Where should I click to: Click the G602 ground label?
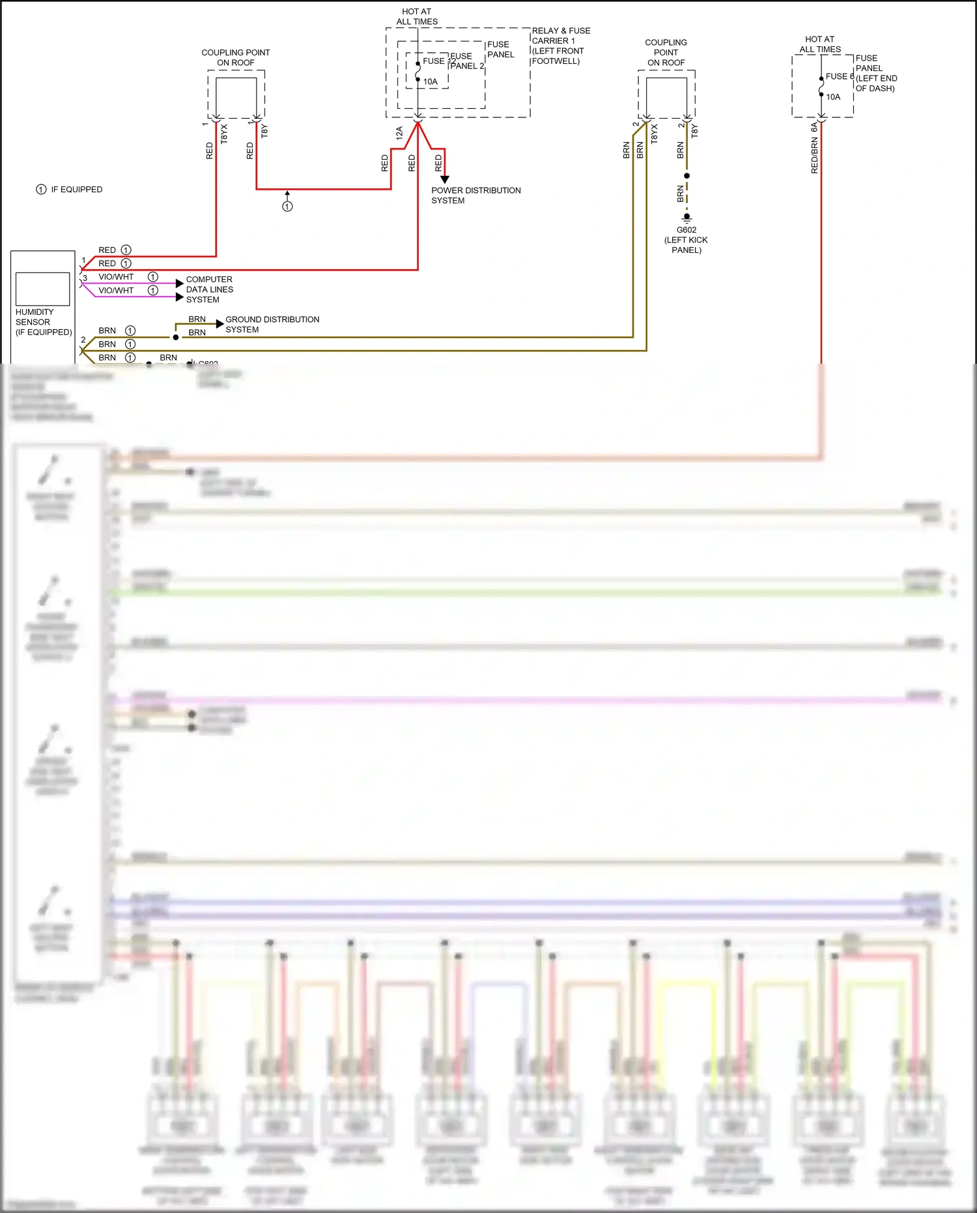[686, 230]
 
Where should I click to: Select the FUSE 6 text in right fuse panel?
[839, 76]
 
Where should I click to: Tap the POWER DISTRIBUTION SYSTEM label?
[475, 196]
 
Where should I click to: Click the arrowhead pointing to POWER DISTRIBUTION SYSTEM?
[445, 179]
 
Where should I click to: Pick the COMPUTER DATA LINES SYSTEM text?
[209, 289]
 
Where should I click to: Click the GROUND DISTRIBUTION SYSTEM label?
[272, 325]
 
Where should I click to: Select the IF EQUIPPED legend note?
[69, 190]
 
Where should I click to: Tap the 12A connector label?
[399, 133]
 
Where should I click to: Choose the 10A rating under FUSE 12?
[431, 82]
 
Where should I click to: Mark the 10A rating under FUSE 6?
[833, 97]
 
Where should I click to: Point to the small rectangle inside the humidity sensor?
[42, 289]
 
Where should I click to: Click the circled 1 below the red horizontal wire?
[287, 207]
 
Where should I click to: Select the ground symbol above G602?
[687, 217]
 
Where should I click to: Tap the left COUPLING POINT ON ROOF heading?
[235, 57]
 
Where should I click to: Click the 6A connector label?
[814, 127]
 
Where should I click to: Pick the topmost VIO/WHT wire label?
[116, 277]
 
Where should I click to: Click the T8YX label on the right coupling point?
[654, 134]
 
